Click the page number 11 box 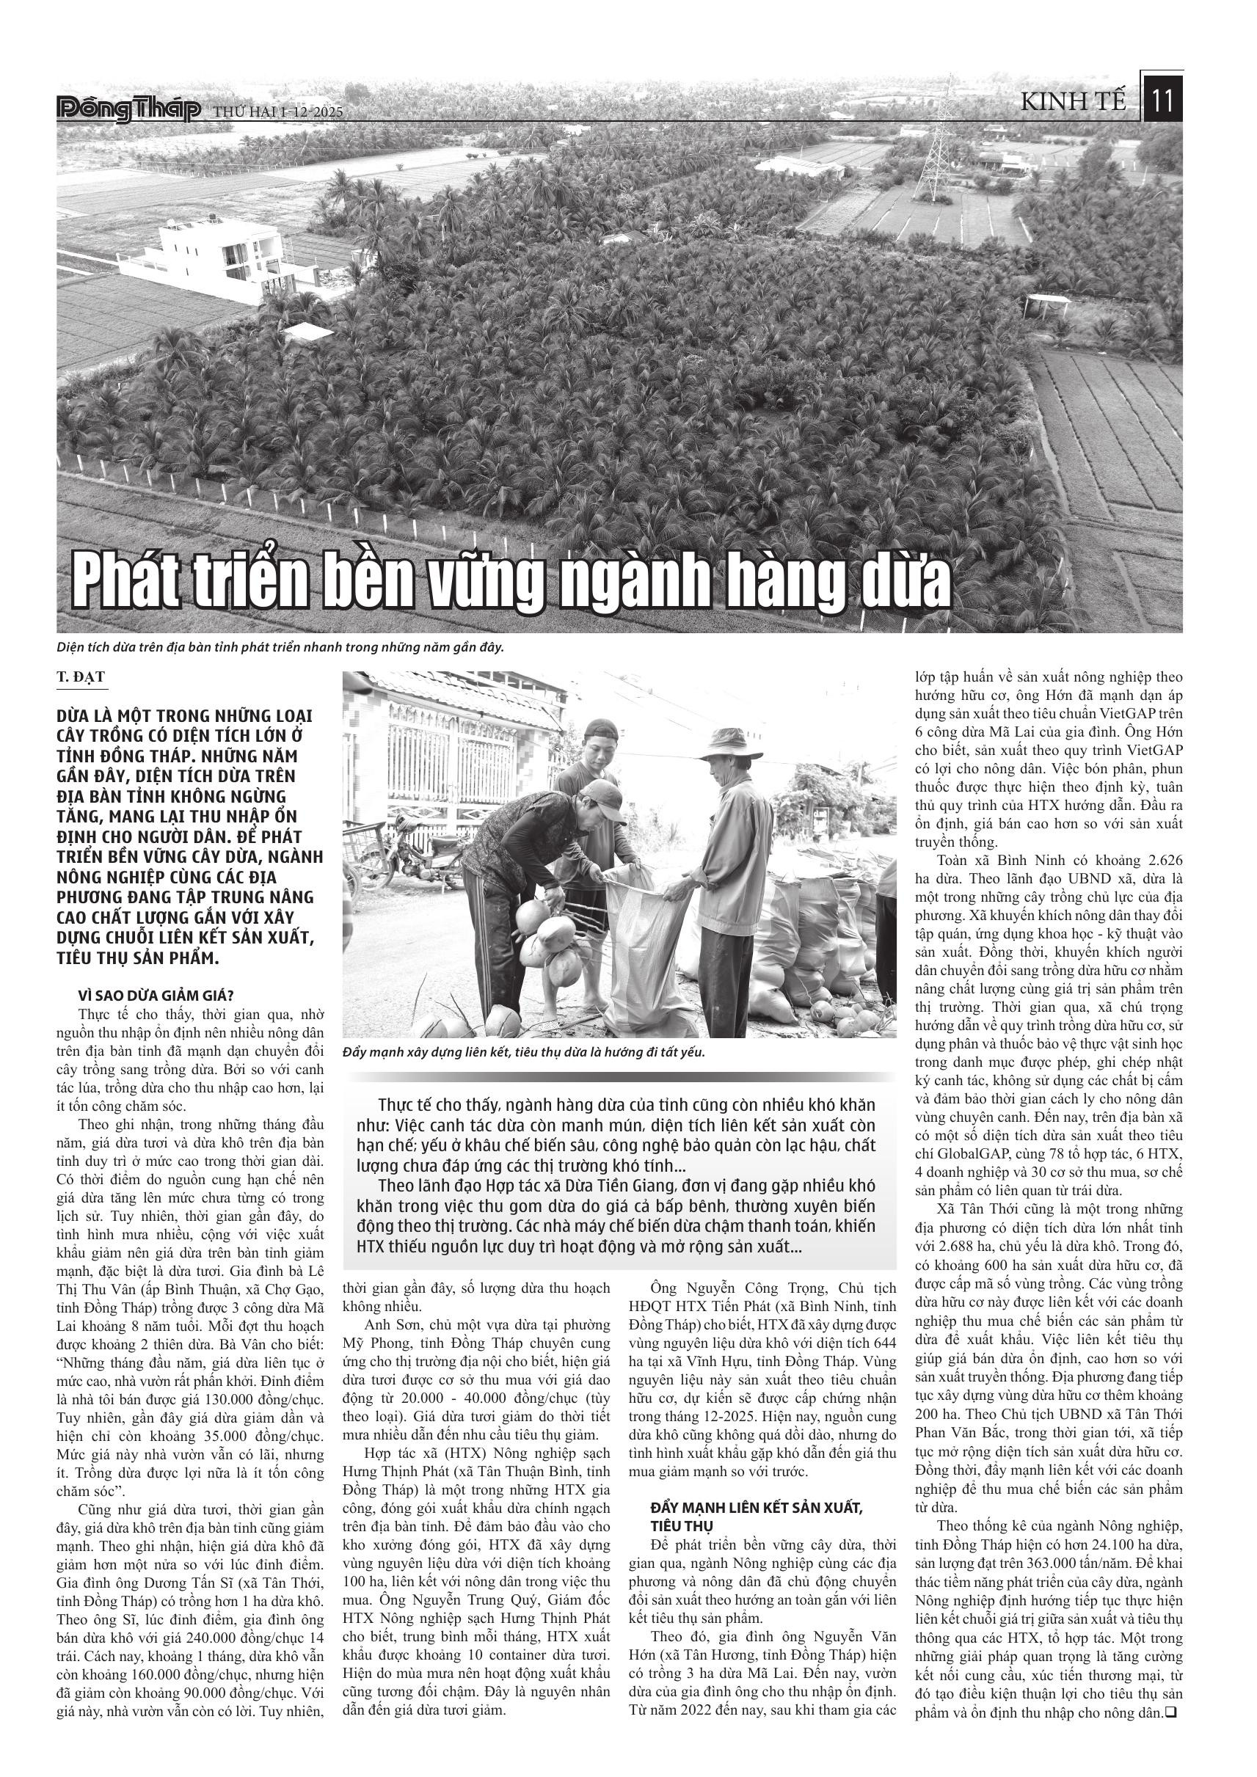click(1162, 101)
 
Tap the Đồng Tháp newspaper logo click(128, 110)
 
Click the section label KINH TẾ click(1074, 101)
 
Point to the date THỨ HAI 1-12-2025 click(278, 112)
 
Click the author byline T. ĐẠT click(80, 678)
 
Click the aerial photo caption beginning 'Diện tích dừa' click(280, 647)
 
